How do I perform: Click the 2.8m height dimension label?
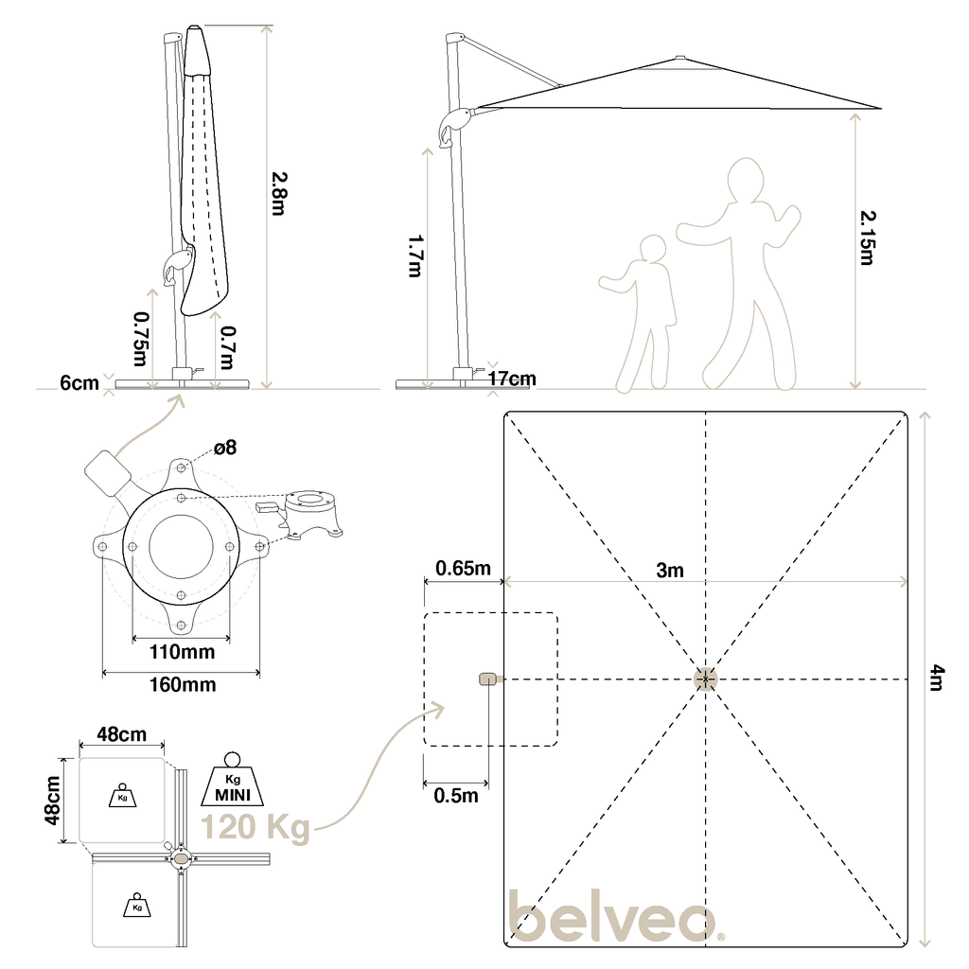(279, 193)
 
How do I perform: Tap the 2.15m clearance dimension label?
(868, 238)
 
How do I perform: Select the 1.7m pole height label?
(415, 255)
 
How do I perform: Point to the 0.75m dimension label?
(142, 339)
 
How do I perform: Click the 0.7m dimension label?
(227, 348)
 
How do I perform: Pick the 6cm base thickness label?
(79, 383)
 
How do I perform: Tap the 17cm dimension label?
(512, 379)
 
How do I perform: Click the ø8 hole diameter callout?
(225, 447)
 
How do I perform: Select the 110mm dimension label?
(183, 651)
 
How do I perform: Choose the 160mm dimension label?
(183, 684)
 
